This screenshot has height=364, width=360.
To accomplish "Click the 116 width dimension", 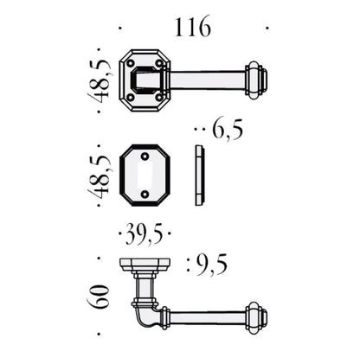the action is pyautogui.click(x=192, y=27).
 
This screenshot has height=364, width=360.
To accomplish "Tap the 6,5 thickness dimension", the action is pyautogui.click(x=228, y=131).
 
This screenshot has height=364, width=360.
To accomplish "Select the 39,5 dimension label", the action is pyautogui.click(x=145, y=234).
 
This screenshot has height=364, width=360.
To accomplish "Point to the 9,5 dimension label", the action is pyautogui.click(x=212, y=265).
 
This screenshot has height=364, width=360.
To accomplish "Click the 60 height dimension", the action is pyautogui.click(x=98, y=297).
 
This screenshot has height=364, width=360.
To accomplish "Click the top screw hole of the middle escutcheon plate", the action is pyautogui.click(x=145, y=156).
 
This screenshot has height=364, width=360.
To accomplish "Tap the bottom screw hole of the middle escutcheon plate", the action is pyautogui.click(x=145, y=194).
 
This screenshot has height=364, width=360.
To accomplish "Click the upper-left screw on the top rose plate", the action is pyautogui.click(x=131, y=63).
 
